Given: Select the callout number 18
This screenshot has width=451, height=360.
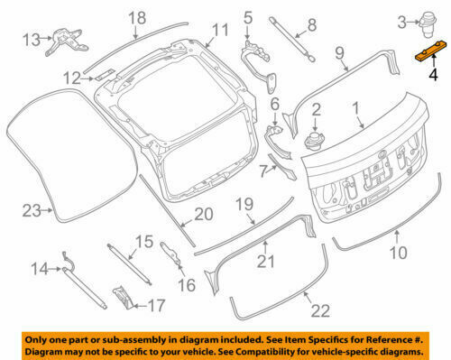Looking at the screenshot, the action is [x=136, y=18].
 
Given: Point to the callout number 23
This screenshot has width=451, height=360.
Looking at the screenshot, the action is [x=32, y=211].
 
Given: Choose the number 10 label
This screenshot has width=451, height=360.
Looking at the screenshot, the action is [x=397, y=253].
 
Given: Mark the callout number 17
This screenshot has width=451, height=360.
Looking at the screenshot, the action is [x=156, y=305].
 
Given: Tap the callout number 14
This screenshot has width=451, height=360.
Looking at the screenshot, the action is [x=41, y=268].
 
